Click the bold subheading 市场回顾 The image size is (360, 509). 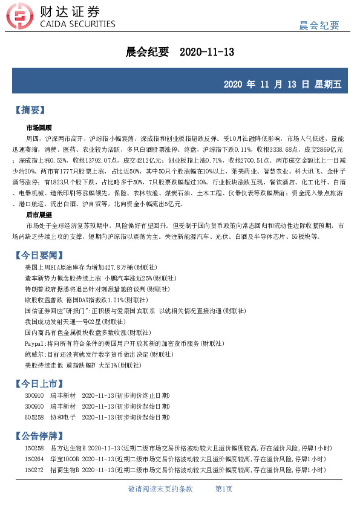[39, 128]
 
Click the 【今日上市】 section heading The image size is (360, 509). [39, 383]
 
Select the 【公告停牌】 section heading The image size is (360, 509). [39, 436]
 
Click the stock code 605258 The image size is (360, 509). [33, 417]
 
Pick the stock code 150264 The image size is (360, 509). [33, 459]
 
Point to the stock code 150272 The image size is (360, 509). [33, 469]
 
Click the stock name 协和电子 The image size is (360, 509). [64, 417]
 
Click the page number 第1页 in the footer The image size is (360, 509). [224, 488]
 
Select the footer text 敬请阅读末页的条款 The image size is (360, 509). [160, 488]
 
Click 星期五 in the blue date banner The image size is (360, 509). [328, 84]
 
